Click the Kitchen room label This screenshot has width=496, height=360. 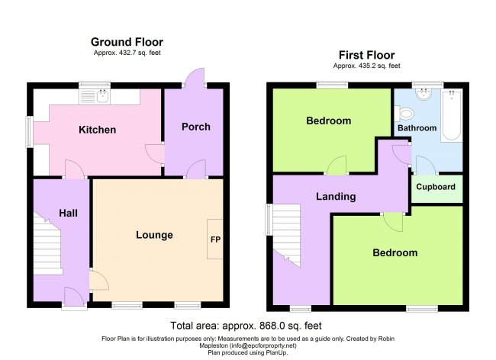click(98, 130)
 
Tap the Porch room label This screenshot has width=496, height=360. click(195, 127)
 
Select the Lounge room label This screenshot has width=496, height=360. click(154, 235)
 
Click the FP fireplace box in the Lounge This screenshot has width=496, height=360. click(215, 239)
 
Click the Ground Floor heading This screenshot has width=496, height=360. click(127, 42)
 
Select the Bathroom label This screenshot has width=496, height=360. click(417, 128)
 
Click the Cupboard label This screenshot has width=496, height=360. click(436, 187)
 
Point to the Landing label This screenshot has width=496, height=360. click(336, 197)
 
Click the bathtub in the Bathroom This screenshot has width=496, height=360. click(451, 114)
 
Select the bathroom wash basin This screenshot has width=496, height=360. click(422, 95)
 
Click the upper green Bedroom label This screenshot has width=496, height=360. click(328, 121)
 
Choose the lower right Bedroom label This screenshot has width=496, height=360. click(395, 252)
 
